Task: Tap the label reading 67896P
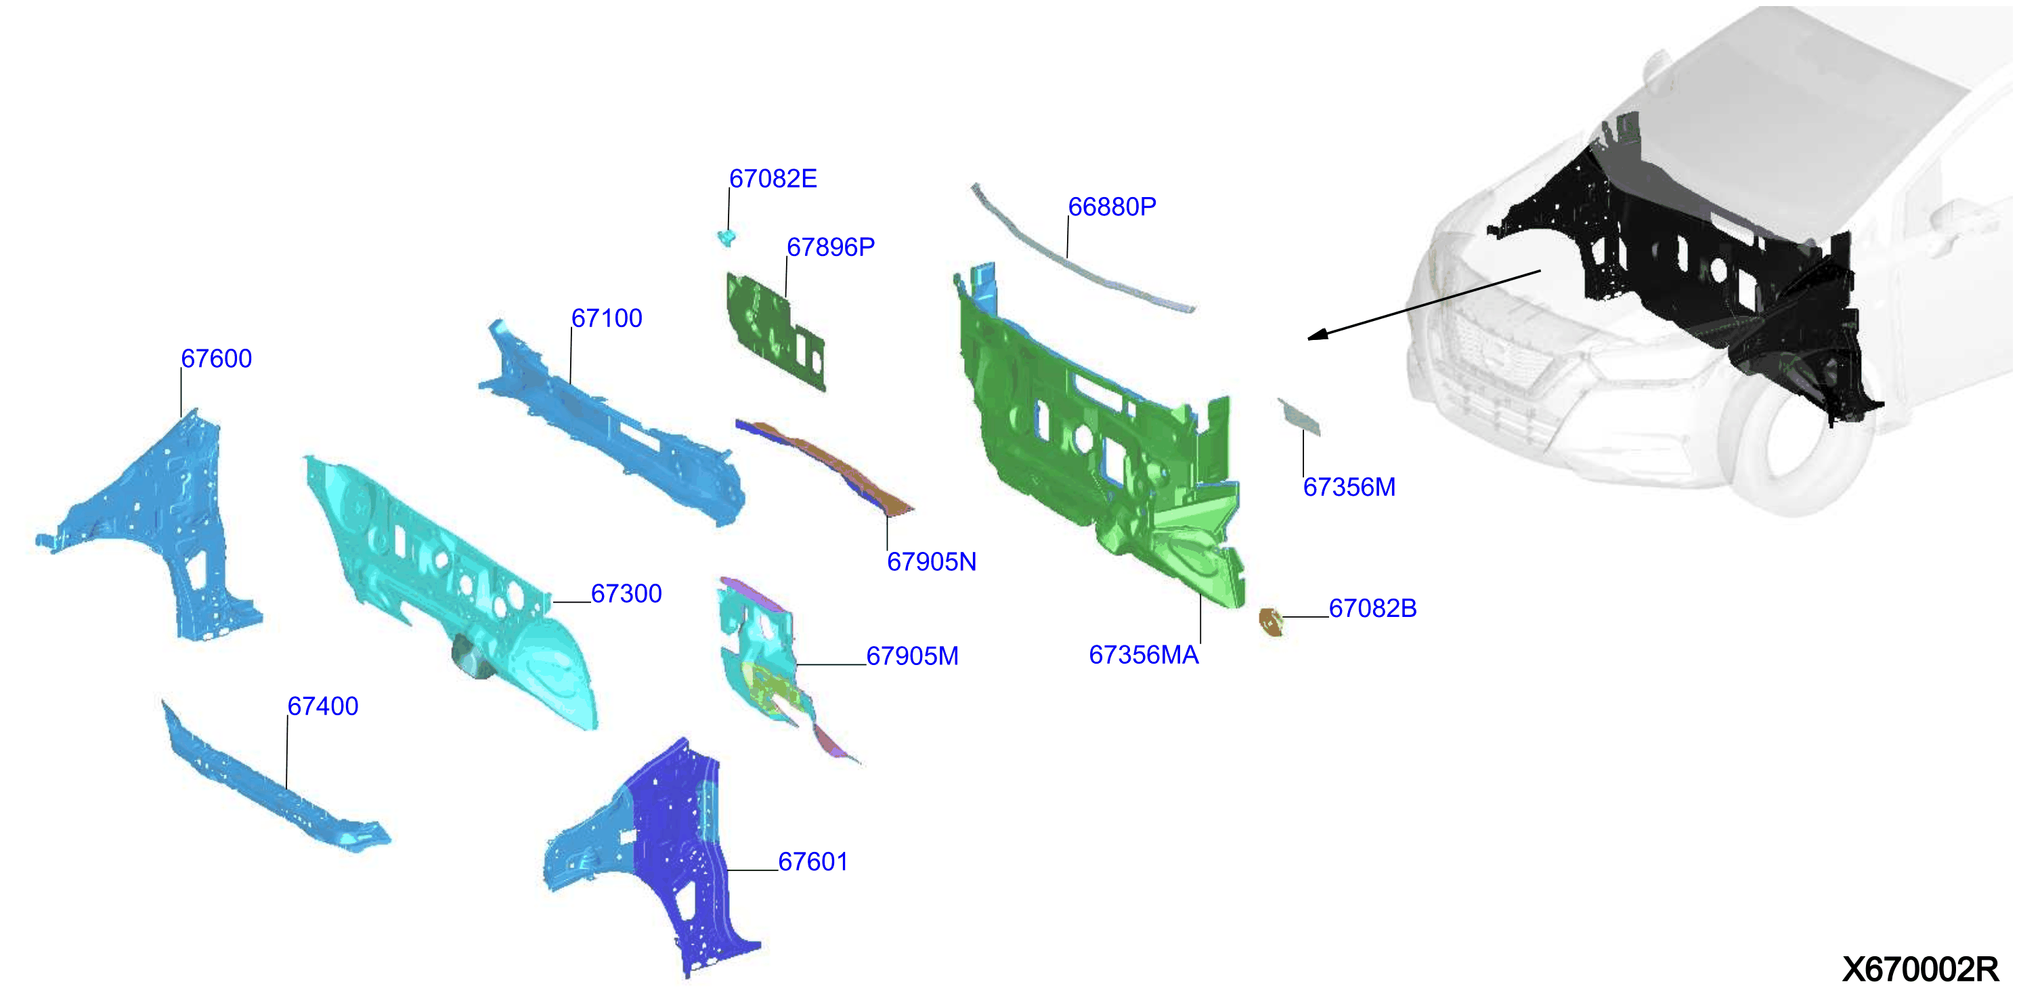click(830, 248)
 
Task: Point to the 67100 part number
click(607, 318)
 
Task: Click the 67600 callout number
click(217, 359)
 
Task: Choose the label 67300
click(626, 594)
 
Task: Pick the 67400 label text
click(323, 706)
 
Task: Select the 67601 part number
click(812, 862)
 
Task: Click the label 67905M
click(912, 656)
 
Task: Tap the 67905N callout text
click(931, 562)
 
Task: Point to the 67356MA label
click(1144, 656)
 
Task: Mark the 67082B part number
click(1372, 608)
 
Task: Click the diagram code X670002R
click(1920, 970)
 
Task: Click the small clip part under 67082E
click(727, 237)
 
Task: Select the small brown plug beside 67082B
click(1270, 622)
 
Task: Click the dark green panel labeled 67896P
click(775, 330)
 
